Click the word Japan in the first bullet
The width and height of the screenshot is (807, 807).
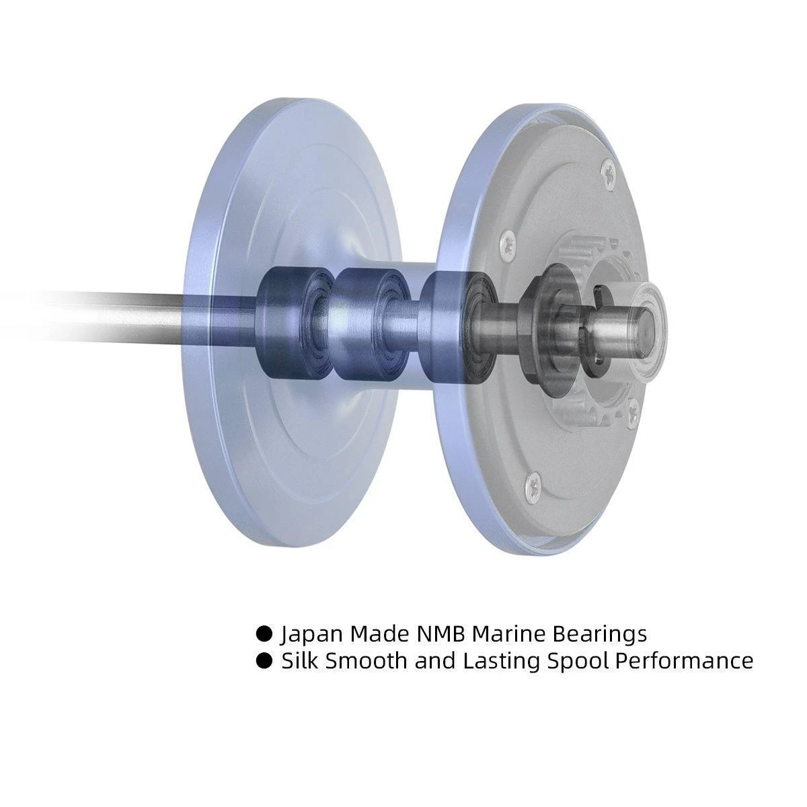311,633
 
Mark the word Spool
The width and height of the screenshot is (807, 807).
578,661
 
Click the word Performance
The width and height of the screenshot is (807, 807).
685,661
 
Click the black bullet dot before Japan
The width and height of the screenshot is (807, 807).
265,633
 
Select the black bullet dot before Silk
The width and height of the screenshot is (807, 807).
265,660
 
